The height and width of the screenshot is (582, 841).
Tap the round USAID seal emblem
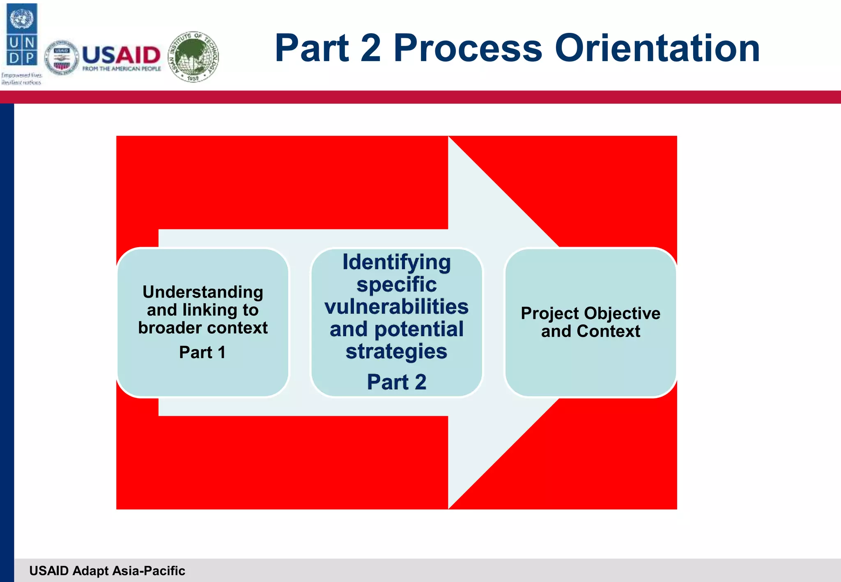pyautogui.click(x=61, y=58)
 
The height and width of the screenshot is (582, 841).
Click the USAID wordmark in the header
pyautogui.click(x=121, y=55)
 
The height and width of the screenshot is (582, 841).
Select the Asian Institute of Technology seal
pyautogui.click(x=193, y=57)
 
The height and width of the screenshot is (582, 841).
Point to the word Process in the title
pyautogui.click(x=468, y=48)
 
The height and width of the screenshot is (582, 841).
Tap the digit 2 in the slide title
pyautogui.click(x=370, y=48)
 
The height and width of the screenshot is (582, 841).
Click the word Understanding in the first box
pyautogui.click(x=203, y=292)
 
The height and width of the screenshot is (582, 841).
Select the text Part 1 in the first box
pyautogui.click(x=202, y=352)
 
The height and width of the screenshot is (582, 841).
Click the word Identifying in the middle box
pyautogui.click(x=397, y=262)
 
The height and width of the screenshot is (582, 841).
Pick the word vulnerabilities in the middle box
pyautogui.click(x=397, y=307)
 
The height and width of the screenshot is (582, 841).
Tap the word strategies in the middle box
pyautogui.click(x=396, y=351)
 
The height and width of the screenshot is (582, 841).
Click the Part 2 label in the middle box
pyautogui.click(x=397, y=382)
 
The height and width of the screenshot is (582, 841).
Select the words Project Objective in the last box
pyautogui.click(x=591, y=313)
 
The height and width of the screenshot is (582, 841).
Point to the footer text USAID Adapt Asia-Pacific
pyautogui.click(x=107, y=571)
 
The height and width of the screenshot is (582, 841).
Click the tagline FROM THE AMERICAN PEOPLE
pyautogui.click(x=122, y=69)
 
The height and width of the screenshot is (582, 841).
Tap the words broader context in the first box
pyautogui.click(x=203, y=328)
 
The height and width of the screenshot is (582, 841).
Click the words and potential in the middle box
pyautogui.click(x=397, y=329)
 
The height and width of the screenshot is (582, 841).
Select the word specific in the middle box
pyautogui.click(x=397, y=284)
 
